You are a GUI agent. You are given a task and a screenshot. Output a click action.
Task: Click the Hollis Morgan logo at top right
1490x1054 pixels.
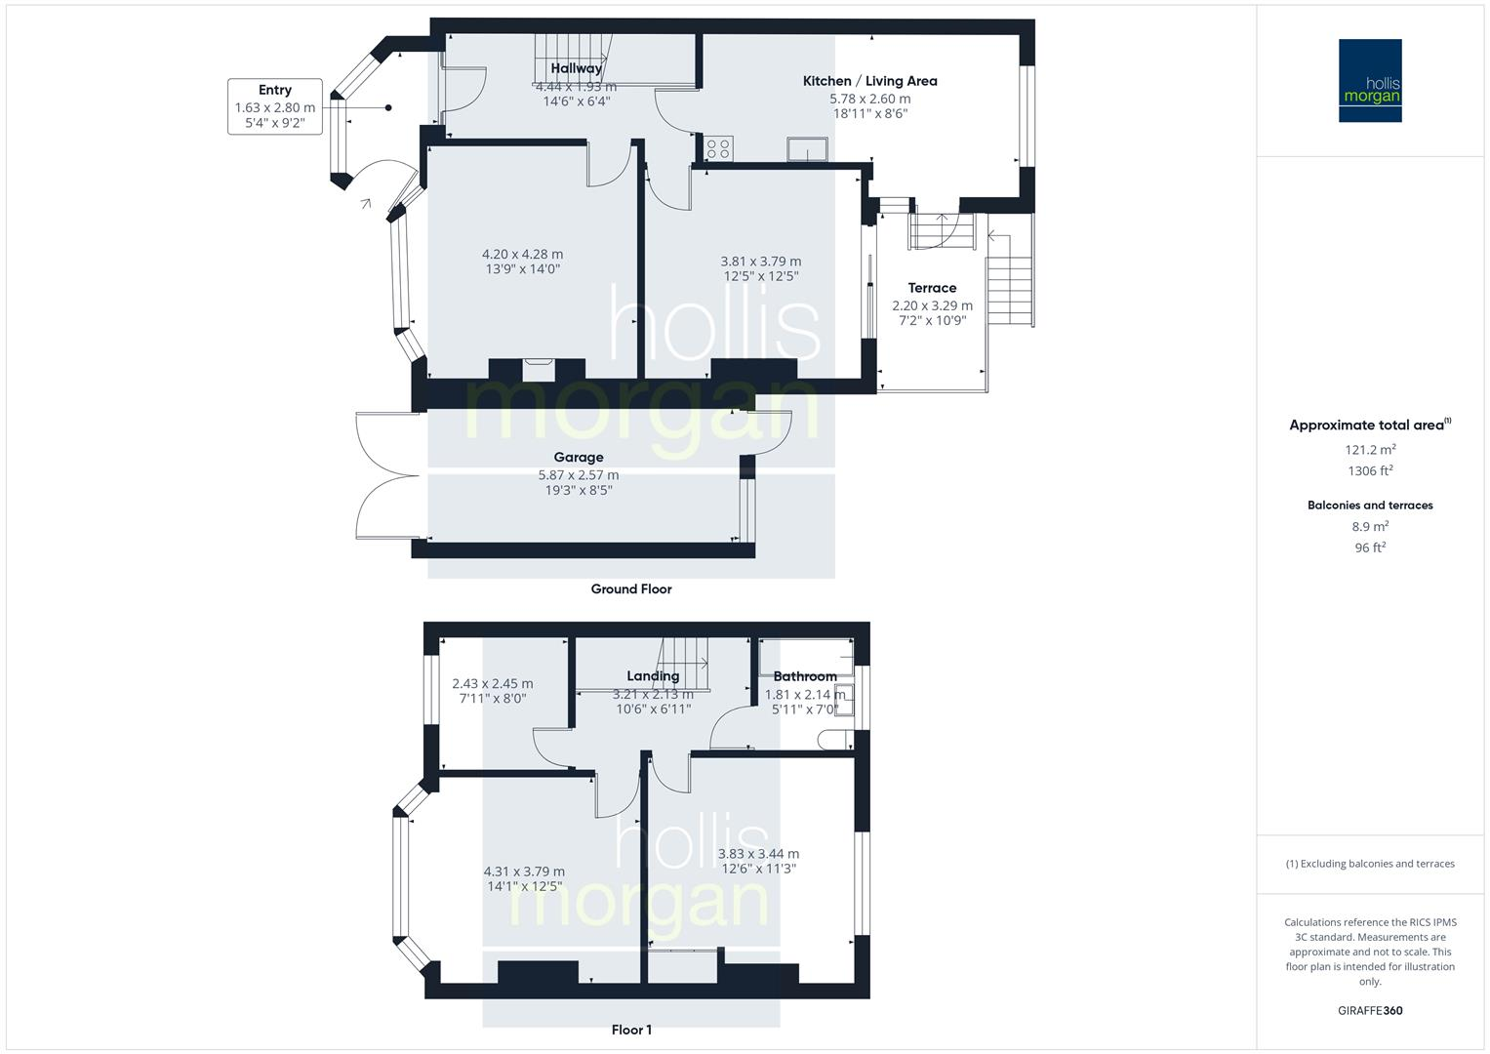click(x=1370, y=81)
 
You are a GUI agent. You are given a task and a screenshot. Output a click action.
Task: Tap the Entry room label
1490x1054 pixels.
click(x=274, y=90)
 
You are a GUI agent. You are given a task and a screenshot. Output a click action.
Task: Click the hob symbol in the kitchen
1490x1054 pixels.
click(x=718, y=149)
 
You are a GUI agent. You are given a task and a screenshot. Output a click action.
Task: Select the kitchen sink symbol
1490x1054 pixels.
click(x=808, y=148)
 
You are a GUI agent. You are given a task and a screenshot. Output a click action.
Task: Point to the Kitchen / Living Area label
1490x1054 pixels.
click(x=869, y=81)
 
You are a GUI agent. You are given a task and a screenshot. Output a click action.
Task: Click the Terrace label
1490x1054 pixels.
click(x=932, y=288)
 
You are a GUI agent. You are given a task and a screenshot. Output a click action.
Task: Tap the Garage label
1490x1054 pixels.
click(x=579, y=457)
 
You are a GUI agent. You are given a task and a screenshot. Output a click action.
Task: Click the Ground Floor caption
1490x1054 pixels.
click(x=631, y=588)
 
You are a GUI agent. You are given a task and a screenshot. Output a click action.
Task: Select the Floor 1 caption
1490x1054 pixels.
click(x=631, y=1030)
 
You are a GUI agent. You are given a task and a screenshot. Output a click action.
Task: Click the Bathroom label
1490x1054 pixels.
click(x=805, y=676)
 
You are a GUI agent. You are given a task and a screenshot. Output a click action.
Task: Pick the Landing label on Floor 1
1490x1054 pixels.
click(x=653, y=675)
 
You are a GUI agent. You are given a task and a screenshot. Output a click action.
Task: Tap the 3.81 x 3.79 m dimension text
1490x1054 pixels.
click(x=761, y=261)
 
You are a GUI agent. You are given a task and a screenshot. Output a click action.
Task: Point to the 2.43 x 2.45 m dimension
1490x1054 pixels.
click(x=493, y=683)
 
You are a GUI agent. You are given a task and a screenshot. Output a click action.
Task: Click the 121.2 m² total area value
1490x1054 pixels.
click(x=1370, y=450)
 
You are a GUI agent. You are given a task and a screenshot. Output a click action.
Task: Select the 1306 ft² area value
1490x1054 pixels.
click(x=1370, y=470)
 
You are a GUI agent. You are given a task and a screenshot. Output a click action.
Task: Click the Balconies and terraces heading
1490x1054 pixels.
click(x=1370, y=506)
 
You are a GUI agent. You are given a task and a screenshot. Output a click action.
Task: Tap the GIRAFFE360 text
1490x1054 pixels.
click(x=1370, y=1010)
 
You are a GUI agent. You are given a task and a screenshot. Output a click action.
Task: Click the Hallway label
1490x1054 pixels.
click(x=576, y=68)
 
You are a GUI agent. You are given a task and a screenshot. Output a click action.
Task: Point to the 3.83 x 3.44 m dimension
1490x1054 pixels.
click(x=758, y=853)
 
